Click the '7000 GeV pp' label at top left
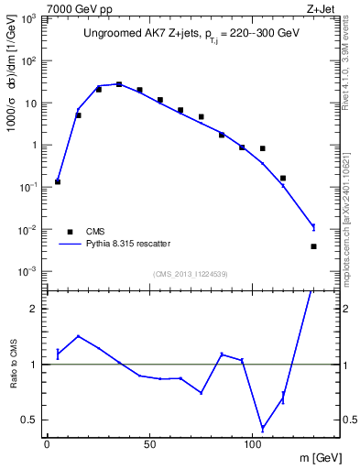74,7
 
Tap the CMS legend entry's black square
68,231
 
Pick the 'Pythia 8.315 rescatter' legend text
127,244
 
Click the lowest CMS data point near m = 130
313,246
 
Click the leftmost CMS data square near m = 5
58,181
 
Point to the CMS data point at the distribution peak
119,84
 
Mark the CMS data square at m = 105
263,148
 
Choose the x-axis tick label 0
47,444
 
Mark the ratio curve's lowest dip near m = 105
263,429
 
